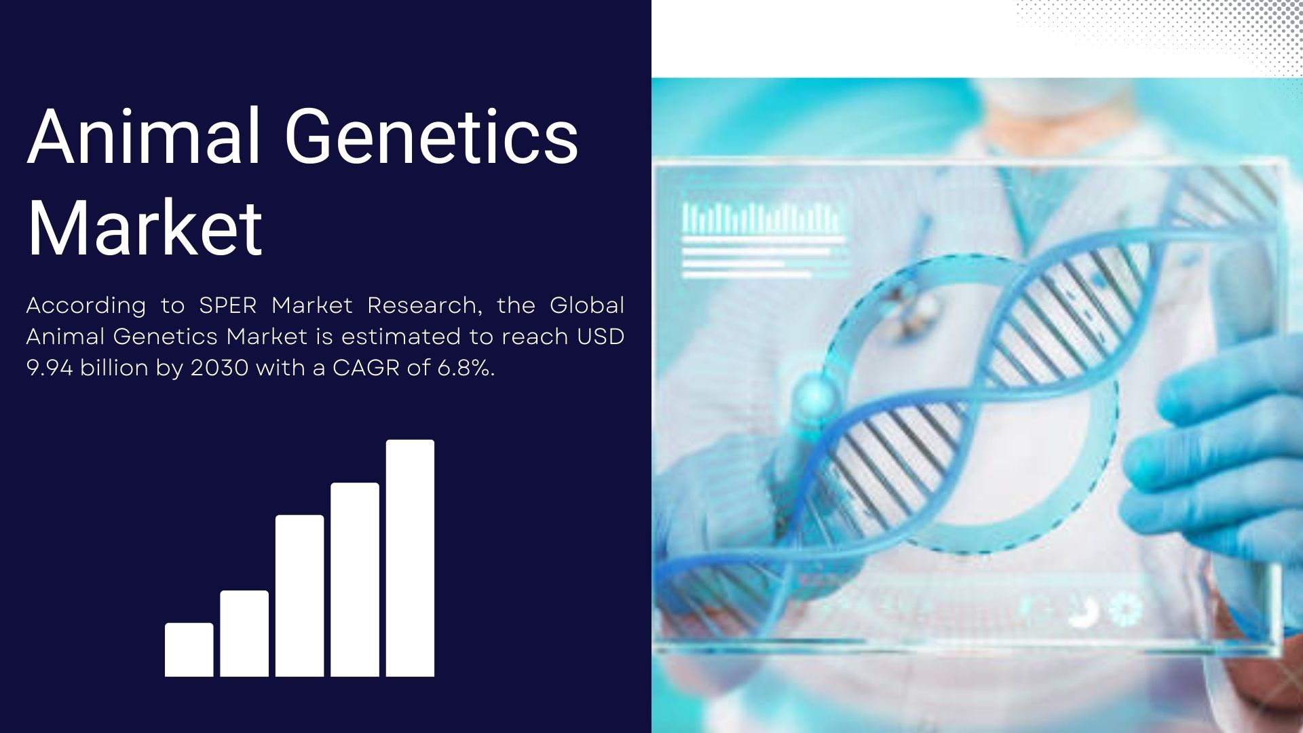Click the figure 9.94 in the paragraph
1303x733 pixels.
[x=50, y=368]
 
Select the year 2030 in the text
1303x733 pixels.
[x=219, y=368]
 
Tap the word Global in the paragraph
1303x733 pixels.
[x=587, y=305]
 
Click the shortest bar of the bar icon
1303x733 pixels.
[x=189, y=650]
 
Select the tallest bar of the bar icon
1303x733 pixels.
[x=411, y=558]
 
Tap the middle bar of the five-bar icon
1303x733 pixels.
[x=300, y=596]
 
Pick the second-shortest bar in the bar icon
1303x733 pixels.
[x=244, y=633]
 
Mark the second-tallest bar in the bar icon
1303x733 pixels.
[x=355, y=580]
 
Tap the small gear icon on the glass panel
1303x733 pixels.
[x=1125, y=609]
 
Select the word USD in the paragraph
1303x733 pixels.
[x=601, y=337]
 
